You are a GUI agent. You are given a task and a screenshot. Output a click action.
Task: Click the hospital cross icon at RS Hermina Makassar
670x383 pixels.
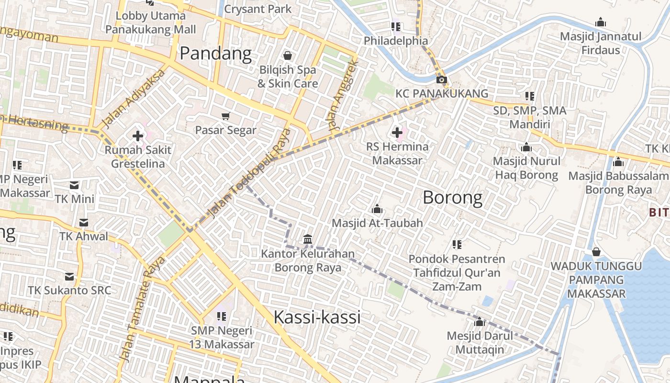[x=397, y=132]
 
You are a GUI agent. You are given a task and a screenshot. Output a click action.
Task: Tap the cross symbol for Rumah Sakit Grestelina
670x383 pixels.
[x=138, y=136]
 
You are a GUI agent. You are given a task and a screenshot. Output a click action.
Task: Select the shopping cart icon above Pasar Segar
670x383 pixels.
[x=226, y=116]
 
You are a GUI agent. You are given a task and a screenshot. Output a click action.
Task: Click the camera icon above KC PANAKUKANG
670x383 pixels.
[x=441, y=80]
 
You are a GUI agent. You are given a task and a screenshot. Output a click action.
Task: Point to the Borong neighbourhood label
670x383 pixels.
[x=452, y=197]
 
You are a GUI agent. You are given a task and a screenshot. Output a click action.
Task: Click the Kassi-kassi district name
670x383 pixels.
[x=317, y=317]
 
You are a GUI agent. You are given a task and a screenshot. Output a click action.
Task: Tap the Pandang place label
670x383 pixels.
[x=216, y=54]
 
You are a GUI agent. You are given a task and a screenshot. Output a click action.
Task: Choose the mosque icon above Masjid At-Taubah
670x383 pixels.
[x=377, y=209]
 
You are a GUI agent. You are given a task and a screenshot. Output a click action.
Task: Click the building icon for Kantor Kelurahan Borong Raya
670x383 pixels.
[x=308, y=239]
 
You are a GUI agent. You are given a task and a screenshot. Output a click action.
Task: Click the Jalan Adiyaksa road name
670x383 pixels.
[x=134, y=99]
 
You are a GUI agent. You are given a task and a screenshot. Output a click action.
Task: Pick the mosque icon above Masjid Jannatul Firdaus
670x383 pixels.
[x=600, y=22]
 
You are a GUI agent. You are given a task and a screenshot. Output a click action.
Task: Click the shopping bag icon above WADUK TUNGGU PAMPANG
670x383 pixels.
[x=596, y=251]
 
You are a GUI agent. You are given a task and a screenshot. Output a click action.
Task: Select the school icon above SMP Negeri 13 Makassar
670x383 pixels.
[x=221, y=316]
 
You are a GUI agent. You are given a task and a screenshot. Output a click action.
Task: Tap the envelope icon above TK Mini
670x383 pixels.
[x=74, y=185]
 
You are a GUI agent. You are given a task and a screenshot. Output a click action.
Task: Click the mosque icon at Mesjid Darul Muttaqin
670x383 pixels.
[x=480, y=322]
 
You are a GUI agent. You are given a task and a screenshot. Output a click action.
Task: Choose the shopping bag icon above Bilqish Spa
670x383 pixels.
[x=288, y=56]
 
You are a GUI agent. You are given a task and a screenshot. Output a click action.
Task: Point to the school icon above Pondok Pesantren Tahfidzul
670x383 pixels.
[x=457, y=245]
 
